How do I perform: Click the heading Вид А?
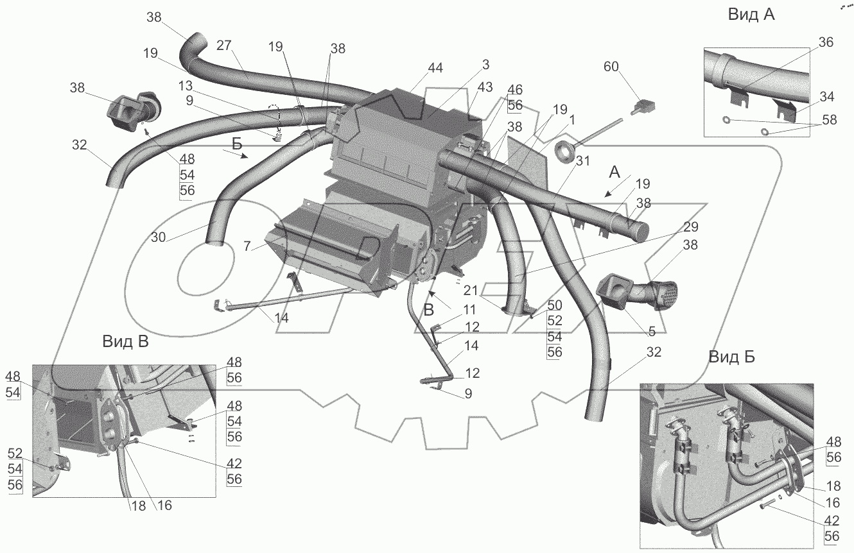coord(751,15)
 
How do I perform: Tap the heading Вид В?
coord(125,342)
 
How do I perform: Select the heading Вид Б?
coord(732,357)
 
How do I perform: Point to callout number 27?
coord(223,45)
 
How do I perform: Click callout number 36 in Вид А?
coord(826,42)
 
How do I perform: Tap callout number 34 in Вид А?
coord(826,97)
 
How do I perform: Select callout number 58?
coord(829,119)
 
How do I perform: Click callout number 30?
coord(158,237)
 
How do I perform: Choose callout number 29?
coord(691,227)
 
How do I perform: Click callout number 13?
coord(185,85)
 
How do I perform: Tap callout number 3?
coord(485,64)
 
